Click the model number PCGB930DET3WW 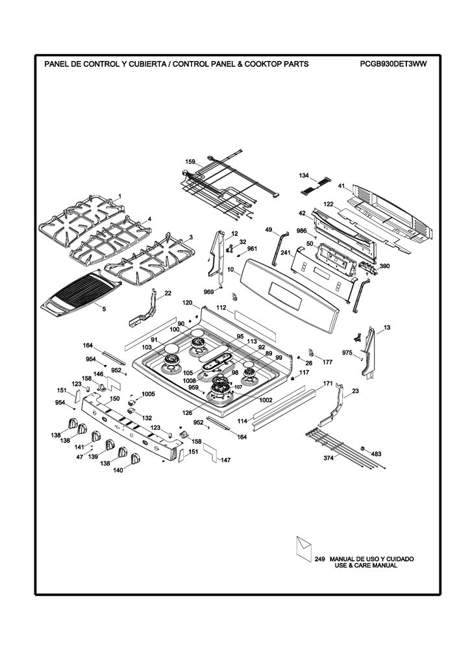point(393,64)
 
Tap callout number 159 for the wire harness point(190,162)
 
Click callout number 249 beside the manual point(319,559)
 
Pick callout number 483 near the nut point(376,454)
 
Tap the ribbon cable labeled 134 point(315,186)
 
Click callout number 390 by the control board point(384,266)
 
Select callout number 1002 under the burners point(266,400)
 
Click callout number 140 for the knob point(118,470)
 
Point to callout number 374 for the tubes point(328,458)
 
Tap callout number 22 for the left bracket point(168,293)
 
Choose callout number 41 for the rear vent point(341,185)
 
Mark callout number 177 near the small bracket point(327,362)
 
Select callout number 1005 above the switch point(148,394)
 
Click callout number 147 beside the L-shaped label point(226,460)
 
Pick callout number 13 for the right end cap point(387,327)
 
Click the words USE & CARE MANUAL point(365,566)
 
